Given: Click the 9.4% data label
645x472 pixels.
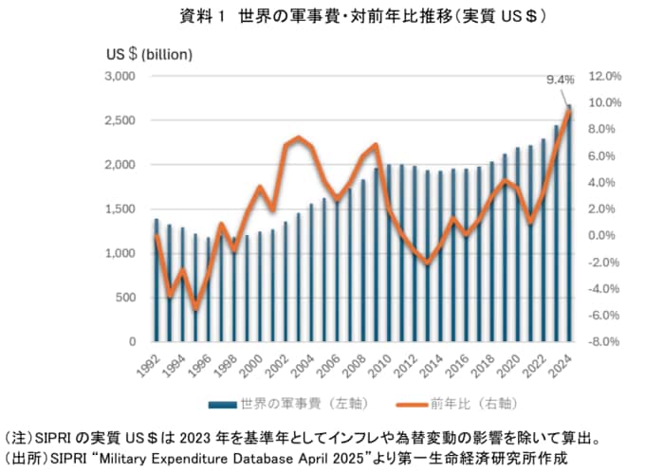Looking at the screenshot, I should coord(561,80).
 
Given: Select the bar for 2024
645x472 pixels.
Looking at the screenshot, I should coord(570,223).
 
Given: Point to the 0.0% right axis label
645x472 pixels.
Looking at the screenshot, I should coord(604,235).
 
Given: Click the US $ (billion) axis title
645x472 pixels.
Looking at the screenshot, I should coord(149,53).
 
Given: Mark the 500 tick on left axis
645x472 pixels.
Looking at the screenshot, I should coord(127,297).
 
